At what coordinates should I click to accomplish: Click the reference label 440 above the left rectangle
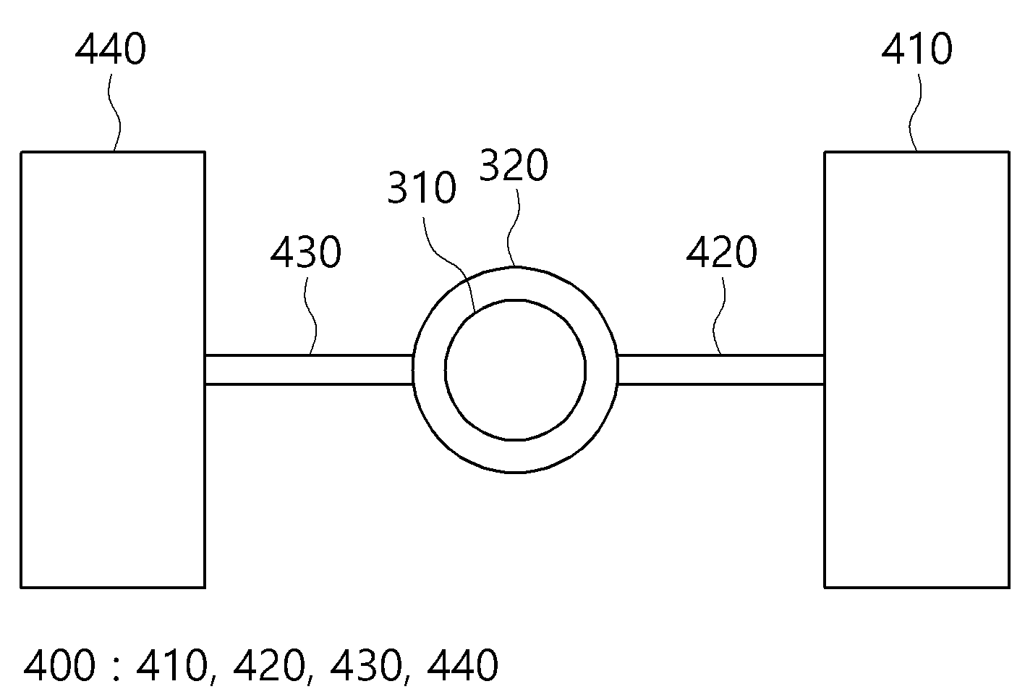pos(110,49)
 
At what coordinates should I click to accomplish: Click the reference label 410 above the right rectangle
pos(917,49)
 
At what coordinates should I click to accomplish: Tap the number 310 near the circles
pos(422,187)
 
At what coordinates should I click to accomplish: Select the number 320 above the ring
pos(513,165)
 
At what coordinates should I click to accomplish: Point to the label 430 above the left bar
pos(306,252)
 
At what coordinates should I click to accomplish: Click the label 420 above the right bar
pos(722,252)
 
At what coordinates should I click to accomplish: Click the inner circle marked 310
pos(515,300)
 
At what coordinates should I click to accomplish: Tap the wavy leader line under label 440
pos(115,113)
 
